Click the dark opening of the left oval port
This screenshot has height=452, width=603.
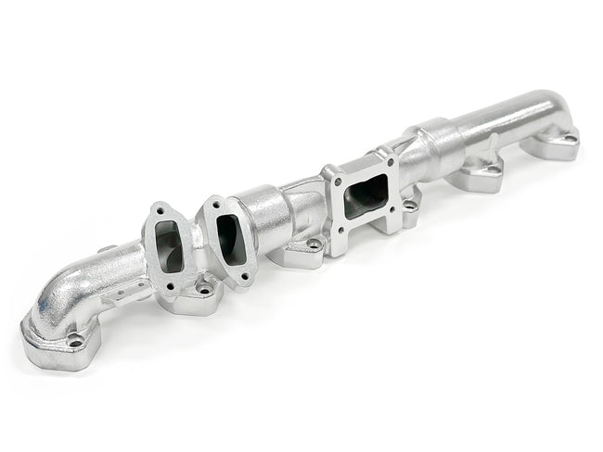(170, 246)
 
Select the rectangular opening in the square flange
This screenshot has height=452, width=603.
(366, 195)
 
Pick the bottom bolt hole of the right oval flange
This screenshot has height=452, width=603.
(244, 274)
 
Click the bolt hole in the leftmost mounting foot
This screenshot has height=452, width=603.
(76, 340)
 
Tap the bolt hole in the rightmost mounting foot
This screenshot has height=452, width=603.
(568, 138)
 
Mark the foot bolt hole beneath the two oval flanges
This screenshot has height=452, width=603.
(205, 289)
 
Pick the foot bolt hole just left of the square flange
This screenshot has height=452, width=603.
(314, 244)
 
